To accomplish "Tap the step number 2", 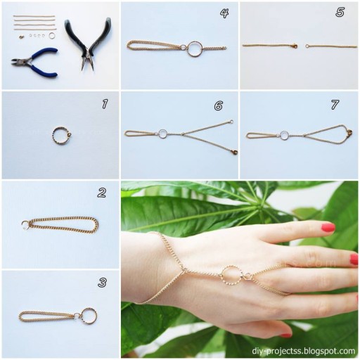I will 102,193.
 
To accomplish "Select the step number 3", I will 103,283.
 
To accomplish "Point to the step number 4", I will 224,13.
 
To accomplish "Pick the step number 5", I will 340,12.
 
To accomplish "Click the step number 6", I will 219,105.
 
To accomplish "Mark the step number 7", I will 335,105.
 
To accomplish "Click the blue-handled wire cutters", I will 34,58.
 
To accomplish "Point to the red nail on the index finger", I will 328,227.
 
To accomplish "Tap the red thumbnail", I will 285,335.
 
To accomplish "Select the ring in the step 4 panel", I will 195,49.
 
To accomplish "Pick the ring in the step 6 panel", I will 162,133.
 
